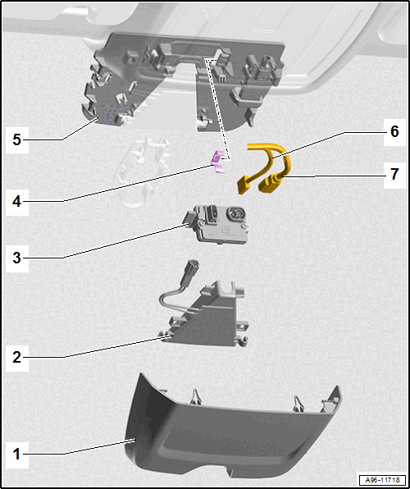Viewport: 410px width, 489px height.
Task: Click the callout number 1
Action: [x=17, y=454]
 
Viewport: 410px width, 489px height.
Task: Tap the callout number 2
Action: [x=17, y=357]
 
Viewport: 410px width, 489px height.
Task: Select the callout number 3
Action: [x=17, y=258]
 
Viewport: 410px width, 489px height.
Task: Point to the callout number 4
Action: [x=17, y=202]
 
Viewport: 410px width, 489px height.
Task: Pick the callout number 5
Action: [x=17, y=139]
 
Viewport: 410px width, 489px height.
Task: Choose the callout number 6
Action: [x=394, y=131]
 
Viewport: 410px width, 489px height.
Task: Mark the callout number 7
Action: [x=394, y=175]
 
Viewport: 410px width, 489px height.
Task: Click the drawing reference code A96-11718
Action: [x=383, y=479]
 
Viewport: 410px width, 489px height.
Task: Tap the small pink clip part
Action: [x=217, y=162]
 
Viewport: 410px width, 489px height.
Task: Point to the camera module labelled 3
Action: [x=217, y=223]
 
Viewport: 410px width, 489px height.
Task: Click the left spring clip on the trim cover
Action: [x=196, y=396]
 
